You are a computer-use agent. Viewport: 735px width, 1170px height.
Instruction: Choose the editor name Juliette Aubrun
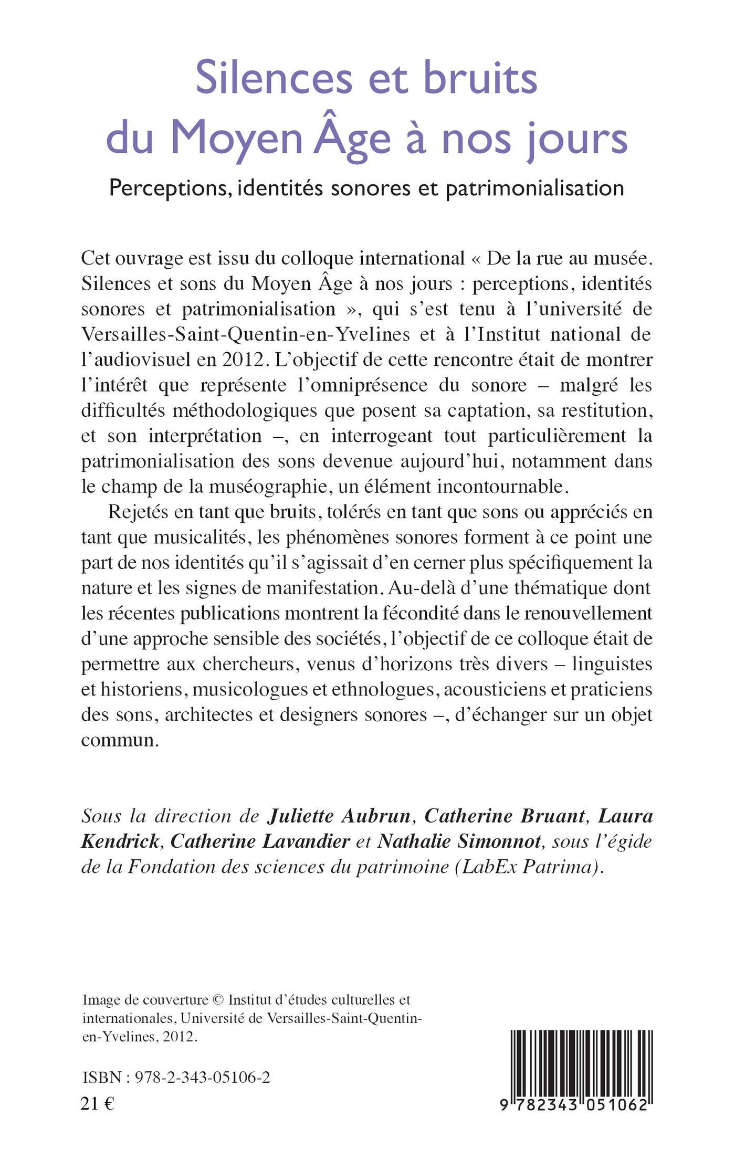pyautogui.click(x=339, y=816)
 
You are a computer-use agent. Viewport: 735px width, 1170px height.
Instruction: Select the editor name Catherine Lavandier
pyautogui.click(x=260, y=841)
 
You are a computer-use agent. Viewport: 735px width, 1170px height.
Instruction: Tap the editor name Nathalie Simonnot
pyautogui.click(x=459, y=841)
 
